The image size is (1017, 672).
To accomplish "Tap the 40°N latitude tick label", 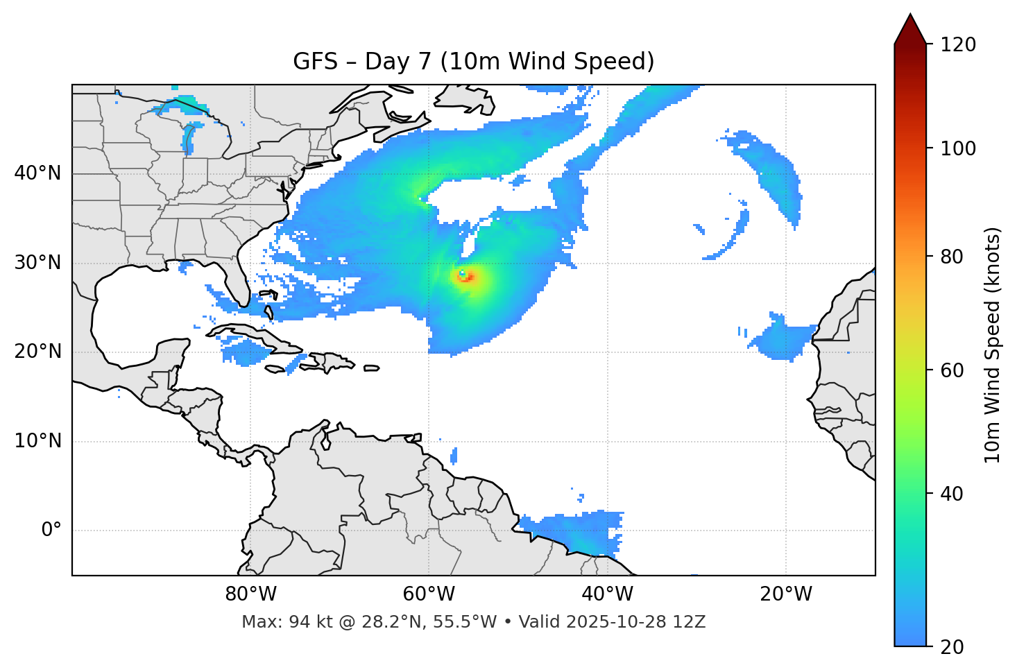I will pos(37,173).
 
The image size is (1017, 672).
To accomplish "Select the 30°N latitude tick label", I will pos(37,263).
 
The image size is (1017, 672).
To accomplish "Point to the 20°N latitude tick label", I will pos(37,352).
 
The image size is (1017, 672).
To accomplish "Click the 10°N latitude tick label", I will pos(37,441).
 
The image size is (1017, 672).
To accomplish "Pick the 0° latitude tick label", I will pos(51,531).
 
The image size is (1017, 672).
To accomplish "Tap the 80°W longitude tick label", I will pos(250,594).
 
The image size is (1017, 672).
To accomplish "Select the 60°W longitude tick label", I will pos(429,594).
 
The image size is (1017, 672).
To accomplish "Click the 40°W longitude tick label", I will pos(607,594).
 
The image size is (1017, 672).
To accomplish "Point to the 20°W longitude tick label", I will pos(786,594).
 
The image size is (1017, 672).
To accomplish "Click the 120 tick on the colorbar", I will pos(958,45).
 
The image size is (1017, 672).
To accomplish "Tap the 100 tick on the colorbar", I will pos(958,148).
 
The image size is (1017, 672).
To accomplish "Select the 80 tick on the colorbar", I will pos(952,257).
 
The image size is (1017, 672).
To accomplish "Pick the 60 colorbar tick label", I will pos(952,370).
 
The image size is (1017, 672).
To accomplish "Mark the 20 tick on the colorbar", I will pos(952,646).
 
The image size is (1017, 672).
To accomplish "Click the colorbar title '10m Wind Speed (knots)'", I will pos(993,345).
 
